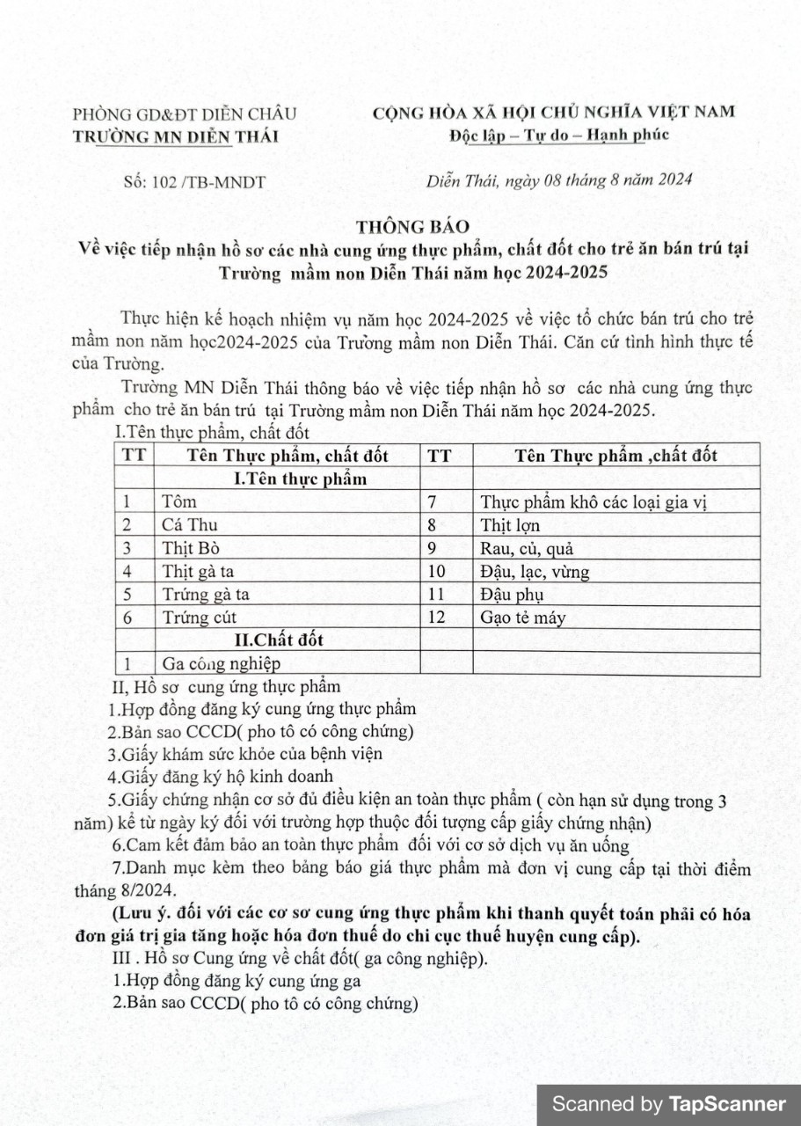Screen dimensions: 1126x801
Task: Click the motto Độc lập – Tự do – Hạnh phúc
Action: [x=558, y=135]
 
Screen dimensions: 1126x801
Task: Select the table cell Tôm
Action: [x=179, y=502]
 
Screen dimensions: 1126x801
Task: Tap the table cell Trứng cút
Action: [x=200, y=618]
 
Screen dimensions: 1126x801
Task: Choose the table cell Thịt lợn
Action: [x=510, y=525]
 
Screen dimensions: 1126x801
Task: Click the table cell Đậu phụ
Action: [x=512, y=595]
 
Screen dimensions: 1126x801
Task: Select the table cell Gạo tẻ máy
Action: [x=523, y=618]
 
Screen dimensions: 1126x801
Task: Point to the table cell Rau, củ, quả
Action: [x=527, y=548]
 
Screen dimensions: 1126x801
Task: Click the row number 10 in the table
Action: [x=436, y=572]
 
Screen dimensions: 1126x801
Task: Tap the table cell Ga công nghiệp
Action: [x=222, y=664]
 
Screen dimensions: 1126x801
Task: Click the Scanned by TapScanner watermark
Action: [x=668, y=1105]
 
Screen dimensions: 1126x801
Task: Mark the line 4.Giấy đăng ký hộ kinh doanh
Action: [x=221, y=776]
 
